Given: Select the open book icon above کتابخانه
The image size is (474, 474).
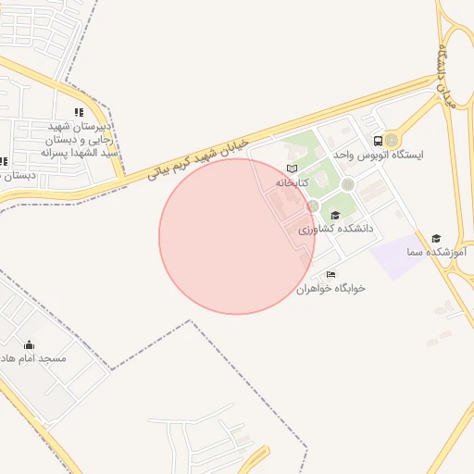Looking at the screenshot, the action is [x=293, y=168].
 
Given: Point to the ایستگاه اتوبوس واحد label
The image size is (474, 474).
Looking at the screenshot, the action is [x=416, y=155].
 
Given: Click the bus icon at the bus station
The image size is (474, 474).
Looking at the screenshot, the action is [x=378, y=141].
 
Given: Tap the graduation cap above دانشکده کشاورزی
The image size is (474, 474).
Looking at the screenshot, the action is [x=334, y=215].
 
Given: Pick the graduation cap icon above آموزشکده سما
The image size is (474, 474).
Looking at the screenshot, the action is [x=436, y=238].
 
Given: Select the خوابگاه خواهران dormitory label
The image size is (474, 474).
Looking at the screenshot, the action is [x=331, y=288].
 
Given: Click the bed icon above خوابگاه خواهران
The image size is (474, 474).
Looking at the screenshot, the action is [x=331, y=274].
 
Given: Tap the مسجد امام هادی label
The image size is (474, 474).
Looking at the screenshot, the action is [x=32, y=357].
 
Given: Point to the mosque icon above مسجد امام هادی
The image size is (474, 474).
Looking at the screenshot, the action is [x=29, y=344].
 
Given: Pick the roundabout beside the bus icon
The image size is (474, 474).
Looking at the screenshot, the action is [x=393, y=141].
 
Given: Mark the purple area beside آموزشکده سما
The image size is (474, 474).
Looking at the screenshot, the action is [x=399, y=257].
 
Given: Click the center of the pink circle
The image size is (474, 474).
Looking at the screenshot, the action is [x=237, y=236].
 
